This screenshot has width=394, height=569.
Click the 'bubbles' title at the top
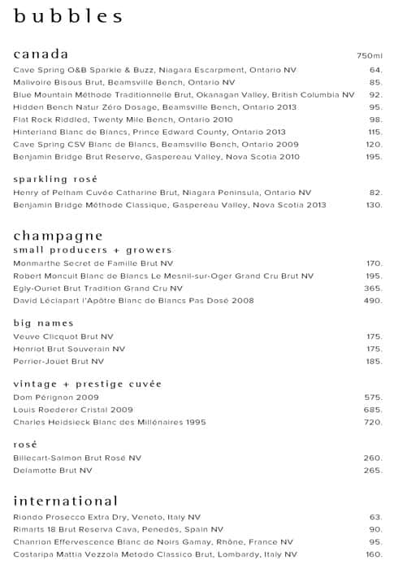click(68, 16)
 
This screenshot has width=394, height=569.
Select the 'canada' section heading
click(41, 54)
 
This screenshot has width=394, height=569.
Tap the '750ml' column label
click(370, 56)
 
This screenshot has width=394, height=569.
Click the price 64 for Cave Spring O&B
click(375, 70)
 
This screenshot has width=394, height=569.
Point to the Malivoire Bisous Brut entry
click(124, 82)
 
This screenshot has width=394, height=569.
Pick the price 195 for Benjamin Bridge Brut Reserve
click(374, 156)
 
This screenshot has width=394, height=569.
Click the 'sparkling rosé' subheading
click(55, 179)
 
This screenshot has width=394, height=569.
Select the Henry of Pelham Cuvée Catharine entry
click(162, 193)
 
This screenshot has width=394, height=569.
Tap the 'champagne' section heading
click(58, 236)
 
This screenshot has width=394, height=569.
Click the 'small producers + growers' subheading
click(93, 250)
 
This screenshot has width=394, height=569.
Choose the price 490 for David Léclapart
click(373, 301)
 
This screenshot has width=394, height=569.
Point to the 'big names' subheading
click(44, 323)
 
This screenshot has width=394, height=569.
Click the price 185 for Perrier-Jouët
click(374, 361)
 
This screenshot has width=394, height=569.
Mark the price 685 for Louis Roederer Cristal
click(373, 410)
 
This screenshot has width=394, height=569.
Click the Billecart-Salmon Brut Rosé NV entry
click(77, 458)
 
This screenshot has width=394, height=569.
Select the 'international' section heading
click(66, 501)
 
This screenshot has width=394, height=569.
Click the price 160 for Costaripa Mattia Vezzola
click(374, 554)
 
